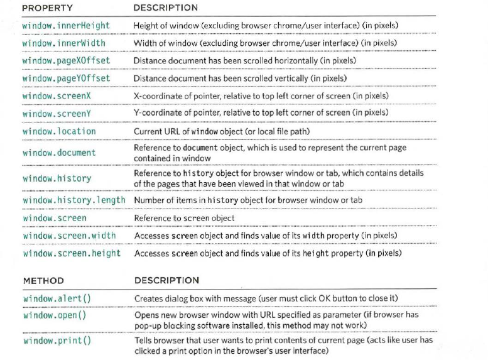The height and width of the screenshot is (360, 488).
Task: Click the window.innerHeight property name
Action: coord(66,25)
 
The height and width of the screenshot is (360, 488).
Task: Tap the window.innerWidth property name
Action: coord(63,43)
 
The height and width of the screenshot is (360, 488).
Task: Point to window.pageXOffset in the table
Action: coord(66,60)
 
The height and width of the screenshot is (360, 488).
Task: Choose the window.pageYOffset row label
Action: coord(66,78)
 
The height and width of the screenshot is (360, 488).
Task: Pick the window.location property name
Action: coord(59,131)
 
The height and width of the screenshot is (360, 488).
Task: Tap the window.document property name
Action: coord(59,153)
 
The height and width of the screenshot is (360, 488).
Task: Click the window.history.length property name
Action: coord(74,200)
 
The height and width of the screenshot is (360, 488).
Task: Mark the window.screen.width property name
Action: coord(68,236)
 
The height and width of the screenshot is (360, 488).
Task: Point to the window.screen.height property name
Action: coord(70,253)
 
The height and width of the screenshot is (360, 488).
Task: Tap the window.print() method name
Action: coord(57,341)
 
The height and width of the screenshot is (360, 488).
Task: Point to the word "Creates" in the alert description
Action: coord(148,297)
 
